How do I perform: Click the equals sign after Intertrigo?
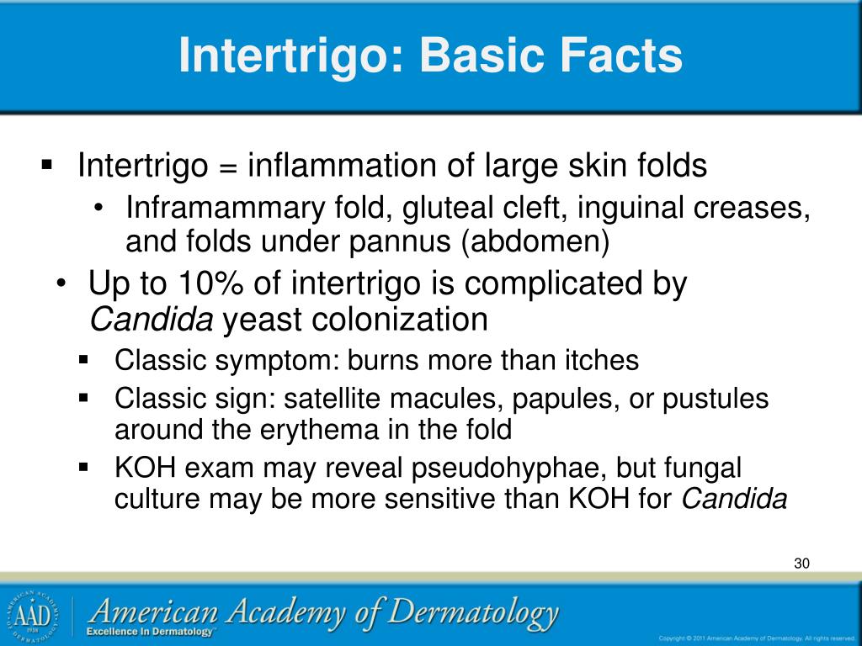227,167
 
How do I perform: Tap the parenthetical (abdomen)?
535,241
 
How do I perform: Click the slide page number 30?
801,563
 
